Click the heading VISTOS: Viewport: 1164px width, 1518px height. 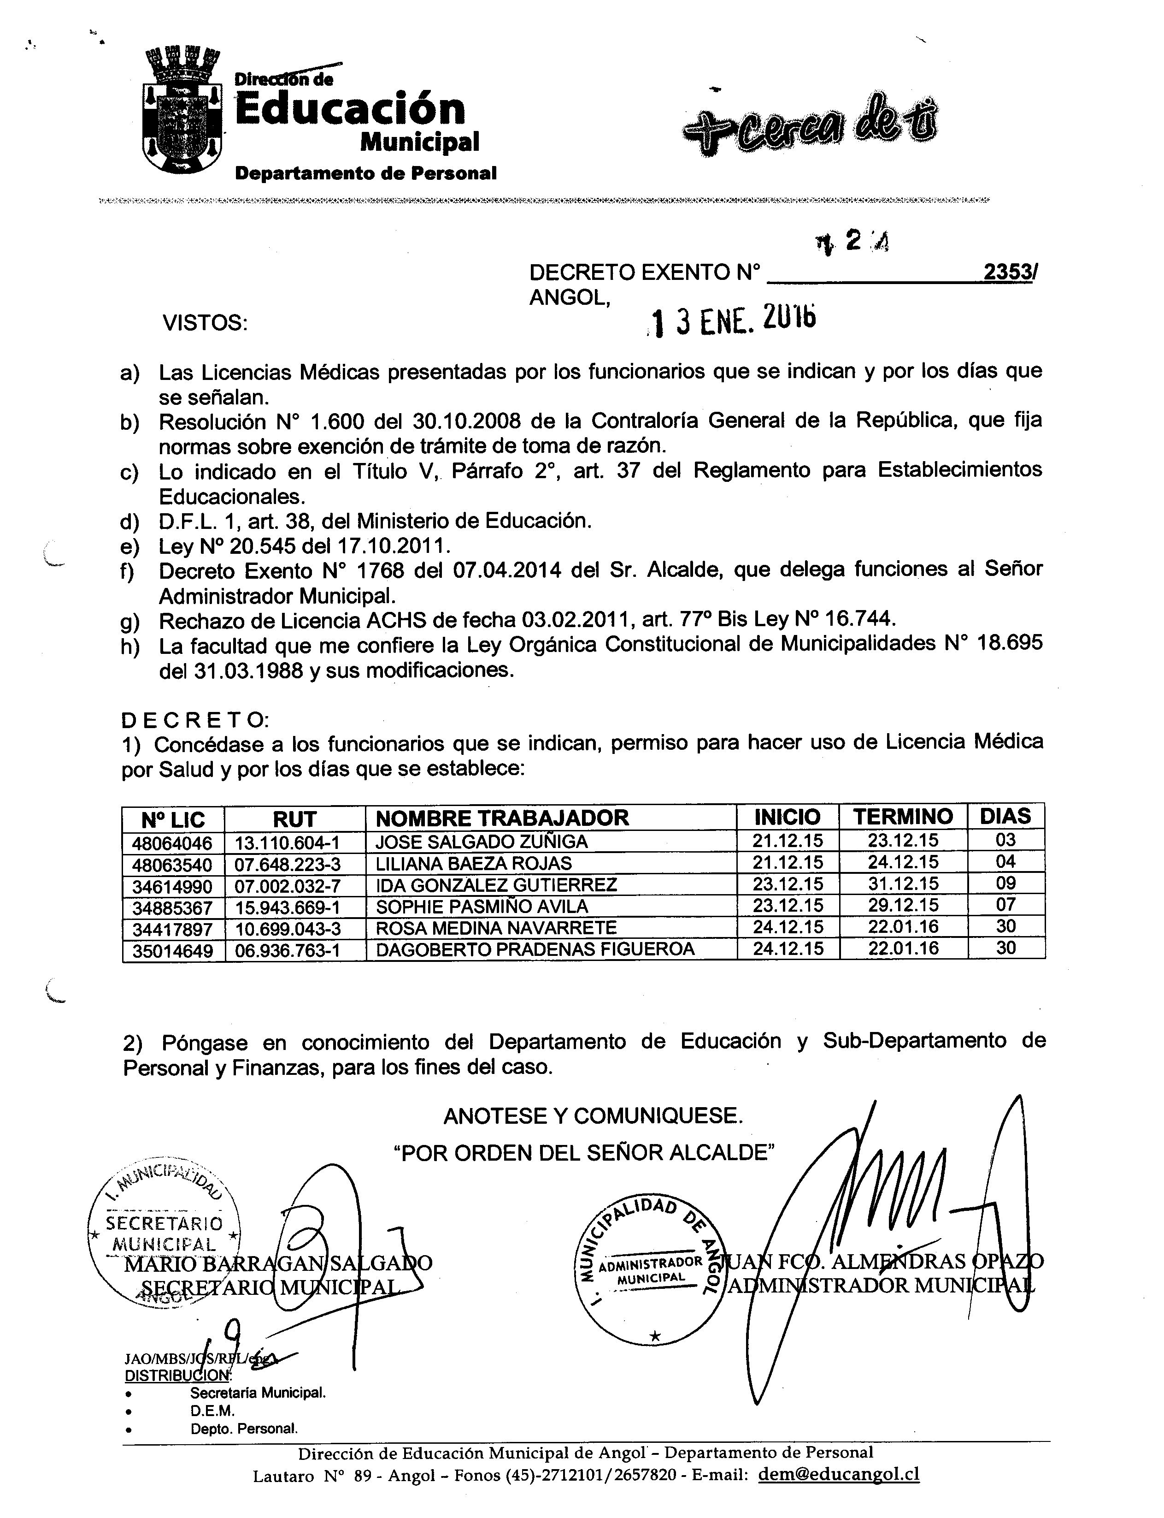tap(205, 323)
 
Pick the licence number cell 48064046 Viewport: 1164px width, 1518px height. tap(173, 842)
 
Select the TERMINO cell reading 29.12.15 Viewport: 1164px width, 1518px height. tap(903, 905)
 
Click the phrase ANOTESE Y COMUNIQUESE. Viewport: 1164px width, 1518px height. tap(593, 1115)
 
